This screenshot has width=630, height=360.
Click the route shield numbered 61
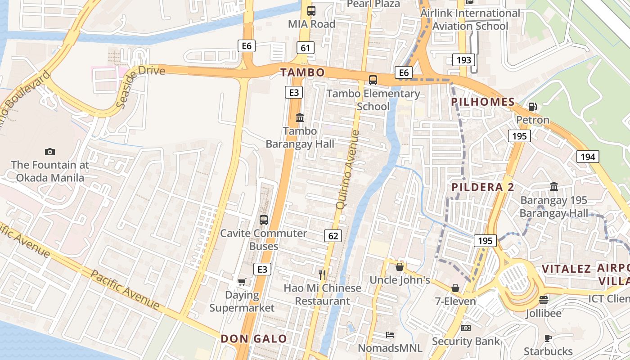[x=305, y=48]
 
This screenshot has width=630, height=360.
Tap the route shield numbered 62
[x=333, y=235]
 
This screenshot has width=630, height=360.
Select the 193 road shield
[x=463, y=60]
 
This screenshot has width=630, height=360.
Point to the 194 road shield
[x=587, y=157]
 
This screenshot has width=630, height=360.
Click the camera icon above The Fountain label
[x=50, y=152]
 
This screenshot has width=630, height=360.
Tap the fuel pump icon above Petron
[x=532, y=107]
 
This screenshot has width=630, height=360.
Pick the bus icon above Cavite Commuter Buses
[x=264, y=220]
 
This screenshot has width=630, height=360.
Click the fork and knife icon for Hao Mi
[x=322, y=274]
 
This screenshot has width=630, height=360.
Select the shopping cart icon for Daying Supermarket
[x=242, y=282]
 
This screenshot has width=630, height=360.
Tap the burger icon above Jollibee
[x=544, y=300]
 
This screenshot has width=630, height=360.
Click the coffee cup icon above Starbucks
[x=548, y=338]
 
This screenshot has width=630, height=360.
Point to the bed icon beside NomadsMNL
[x=390, y=335]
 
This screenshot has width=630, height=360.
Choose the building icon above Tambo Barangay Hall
[x=299, y=117]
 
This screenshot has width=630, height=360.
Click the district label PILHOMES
[x=483, y=102]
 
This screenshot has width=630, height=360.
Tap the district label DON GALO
[x=254, y=339]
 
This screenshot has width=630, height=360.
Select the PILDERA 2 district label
[x=482, y=187]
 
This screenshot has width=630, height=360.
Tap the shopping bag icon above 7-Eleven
[x=455, y=288]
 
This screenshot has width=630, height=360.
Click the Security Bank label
[x=466, y=341]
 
